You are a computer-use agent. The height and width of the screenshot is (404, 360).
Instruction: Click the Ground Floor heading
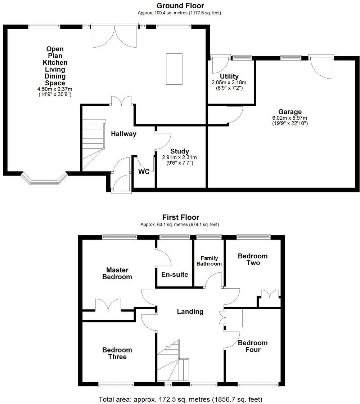(180, 6)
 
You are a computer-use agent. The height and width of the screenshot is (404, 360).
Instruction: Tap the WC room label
(144, 172)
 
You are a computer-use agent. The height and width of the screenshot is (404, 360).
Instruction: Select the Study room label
(180, 151)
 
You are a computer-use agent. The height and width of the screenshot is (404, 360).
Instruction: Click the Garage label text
(290, 112)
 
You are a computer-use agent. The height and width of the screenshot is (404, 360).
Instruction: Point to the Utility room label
(229, 76)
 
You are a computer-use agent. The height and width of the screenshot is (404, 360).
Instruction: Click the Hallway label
(123, 134)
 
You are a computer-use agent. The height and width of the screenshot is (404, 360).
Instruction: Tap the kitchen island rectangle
(174, 69)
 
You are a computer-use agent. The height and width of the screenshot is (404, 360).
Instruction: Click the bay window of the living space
(44, 179)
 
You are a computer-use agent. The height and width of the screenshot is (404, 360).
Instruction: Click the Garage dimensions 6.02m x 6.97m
(290, 118)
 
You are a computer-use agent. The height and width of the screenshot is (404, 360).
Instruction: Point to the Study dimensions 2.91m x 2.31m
(180, 157)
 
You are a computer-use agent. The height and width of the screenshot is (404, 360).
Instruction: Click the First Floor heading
(180, 217)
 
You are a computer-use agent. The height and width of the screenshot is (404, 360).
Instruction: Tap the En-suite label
(175, 275)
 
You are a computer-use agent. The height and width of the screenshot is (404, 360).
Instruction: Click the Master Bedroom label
(117, 273)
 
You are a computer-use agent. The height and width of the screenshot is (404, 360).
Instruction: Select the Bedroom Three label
(117, 353)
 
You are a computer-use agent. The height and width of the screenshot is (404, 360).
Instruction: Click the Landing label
(190, 312)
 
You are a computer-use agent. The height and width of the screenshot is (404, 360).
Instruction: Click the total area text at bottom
(180, 399)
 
